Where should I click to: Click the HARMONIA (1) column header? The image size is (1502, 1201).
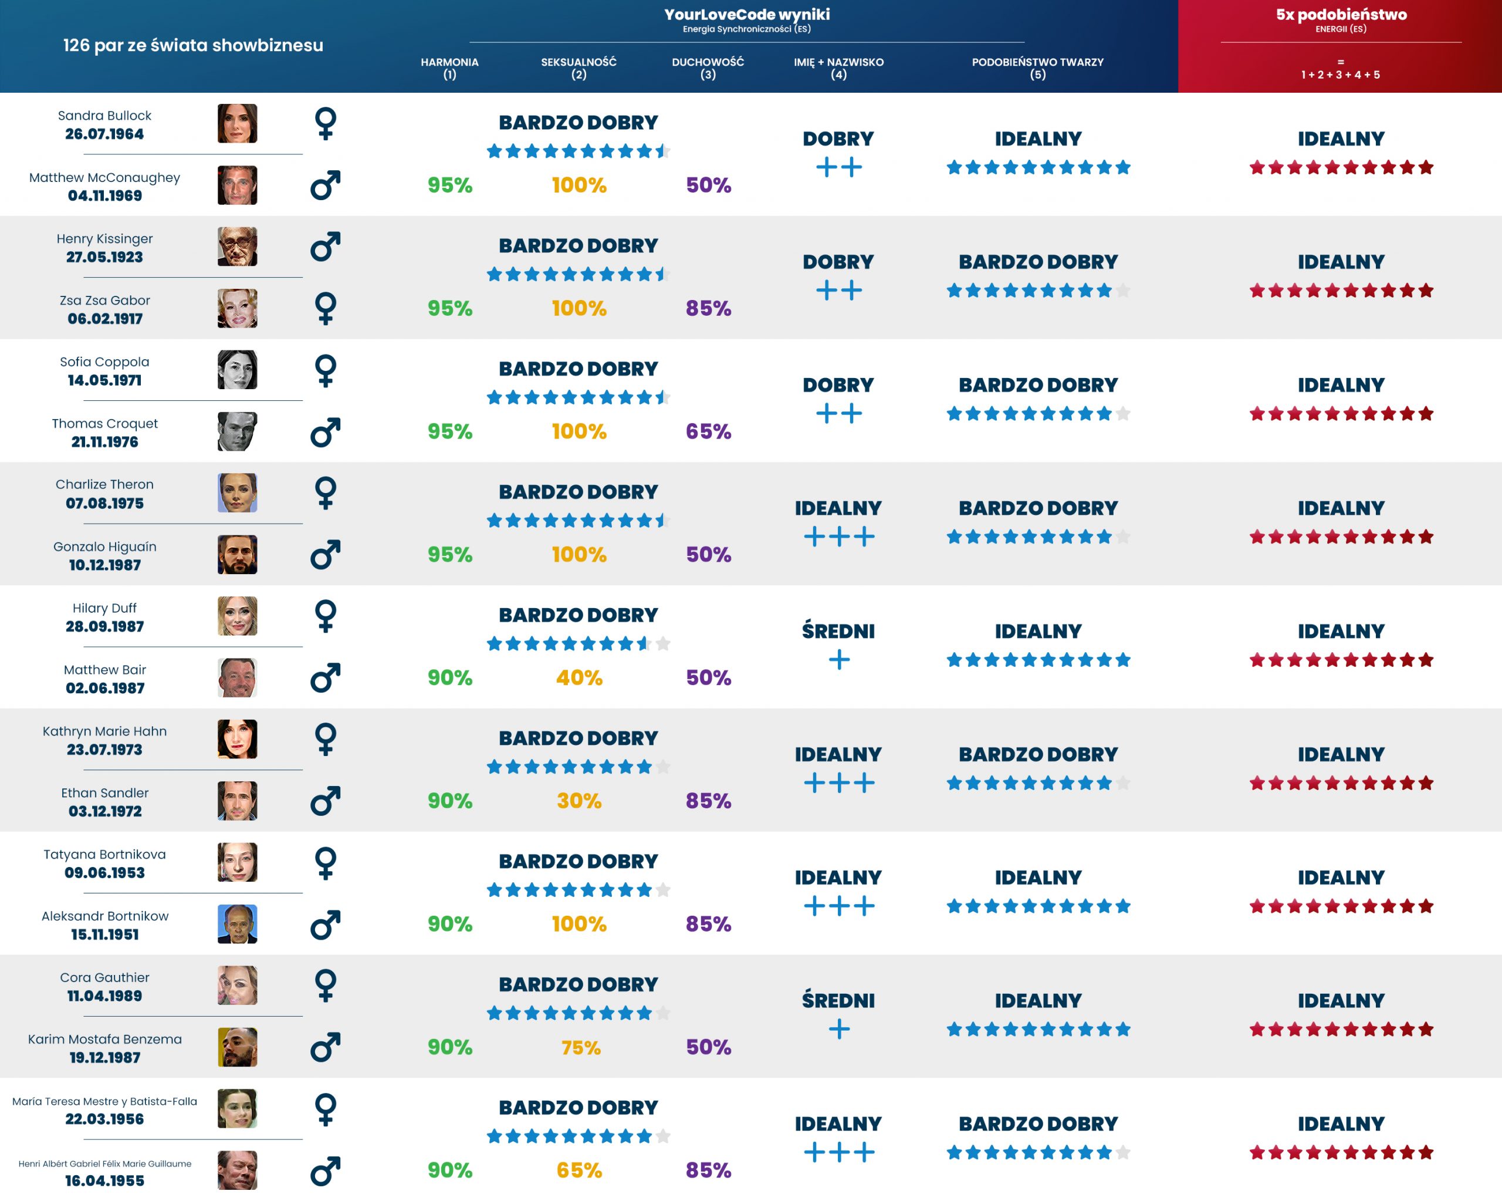[449, 68]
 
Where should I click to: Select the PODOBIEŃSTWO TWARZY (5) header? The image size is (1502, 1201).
[1037, 68]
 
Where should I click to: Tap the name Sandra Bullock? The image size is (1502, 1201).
[104, 116]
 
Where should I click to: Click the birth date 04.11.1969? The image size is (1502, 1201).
[104, 196]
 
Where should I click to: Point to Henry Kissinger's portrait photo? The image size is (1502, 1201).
[237, 247]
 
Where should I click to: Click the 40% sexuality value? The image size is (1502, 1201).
[579, 677]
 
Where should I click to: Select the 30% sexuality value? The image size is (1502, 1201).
[579, 801]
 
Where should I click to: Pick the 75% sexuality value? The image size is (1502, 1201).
[580, 1047]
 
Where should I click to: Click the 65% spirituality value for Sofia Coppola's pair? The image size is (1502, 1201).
[708, 431]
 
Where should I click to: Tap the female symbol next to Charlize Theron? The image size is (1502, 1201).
[326, 493]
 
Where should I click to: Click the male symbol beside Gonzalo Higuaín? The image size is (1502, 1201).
[326, 555]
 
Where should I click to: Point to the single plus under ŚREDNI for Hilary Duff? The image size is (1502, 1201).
[839, 659]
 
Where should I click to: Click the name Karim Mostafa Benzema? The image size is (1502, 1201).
[104, 1040]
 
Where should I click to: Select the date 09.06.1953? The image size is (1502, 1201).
[104, 873]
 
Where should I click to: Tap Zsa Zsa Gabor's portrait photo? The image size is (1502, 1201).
[237, 308]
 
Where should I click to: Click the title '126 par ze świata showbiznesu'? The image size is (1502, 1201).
[193, 45]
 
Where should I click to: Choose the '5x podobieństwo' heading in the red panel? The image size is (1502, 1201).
[1341, 15]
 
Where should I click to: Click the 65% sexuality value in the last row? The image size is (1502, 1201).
[579, 1170]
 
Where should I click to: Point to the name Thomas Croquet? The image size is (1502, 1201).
[104, 424]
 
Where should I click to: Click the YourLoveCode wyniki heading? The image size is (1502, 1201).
[746, 15]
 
